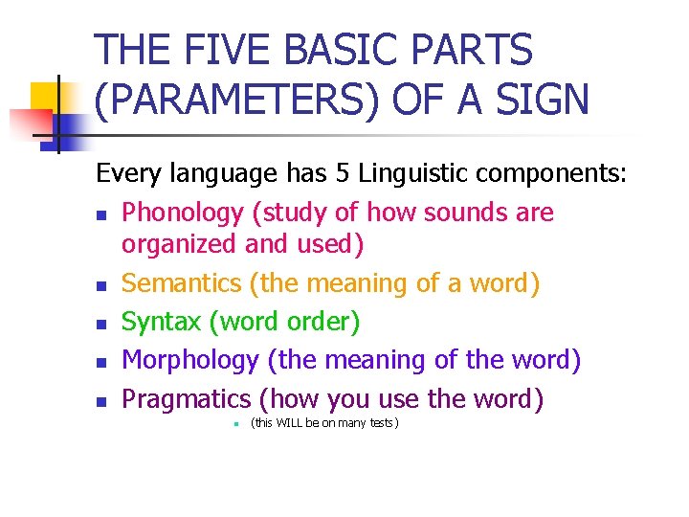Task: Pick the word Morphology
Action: [x=190, y=360]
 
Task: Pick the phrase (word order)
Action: [x=290, y=322]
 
